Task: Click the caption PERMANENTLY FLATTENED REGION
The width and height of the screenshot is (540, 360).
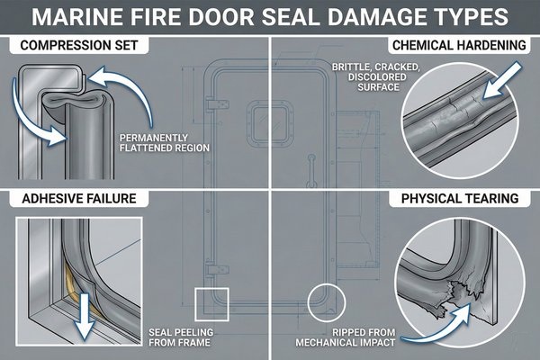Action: [x=157, y=142]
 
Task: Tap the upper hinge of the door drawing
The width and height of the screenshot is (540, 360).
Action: [x=211, y=105]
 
